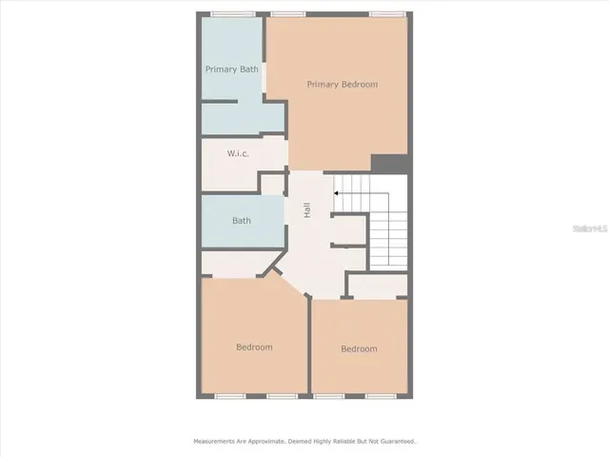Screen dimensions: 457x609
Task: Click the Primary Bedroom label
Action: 342,85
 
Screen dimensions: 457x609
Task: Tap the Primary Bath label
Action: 232,70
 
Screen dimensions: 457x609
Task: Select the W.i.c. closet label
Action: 238,153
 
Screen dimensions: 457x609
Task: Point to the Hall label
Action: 307,210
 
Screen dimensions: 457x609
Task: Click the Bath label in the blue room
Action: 242,221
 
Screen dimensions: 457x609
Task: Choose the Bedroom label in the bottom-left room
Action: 254,348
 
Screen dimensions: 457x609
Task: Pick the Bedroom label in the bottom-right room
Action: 359,349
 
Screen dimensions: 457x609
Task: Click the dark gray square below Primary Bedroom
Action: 389,165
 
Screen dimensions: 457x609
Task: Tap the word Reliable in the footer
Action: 347,442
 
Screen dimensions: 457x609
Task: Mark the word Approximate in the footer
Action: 268,442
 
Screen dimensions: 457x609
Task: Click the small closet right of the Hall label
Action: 348,228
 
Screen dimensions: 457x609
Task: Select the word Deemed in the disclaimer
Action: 304,442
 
